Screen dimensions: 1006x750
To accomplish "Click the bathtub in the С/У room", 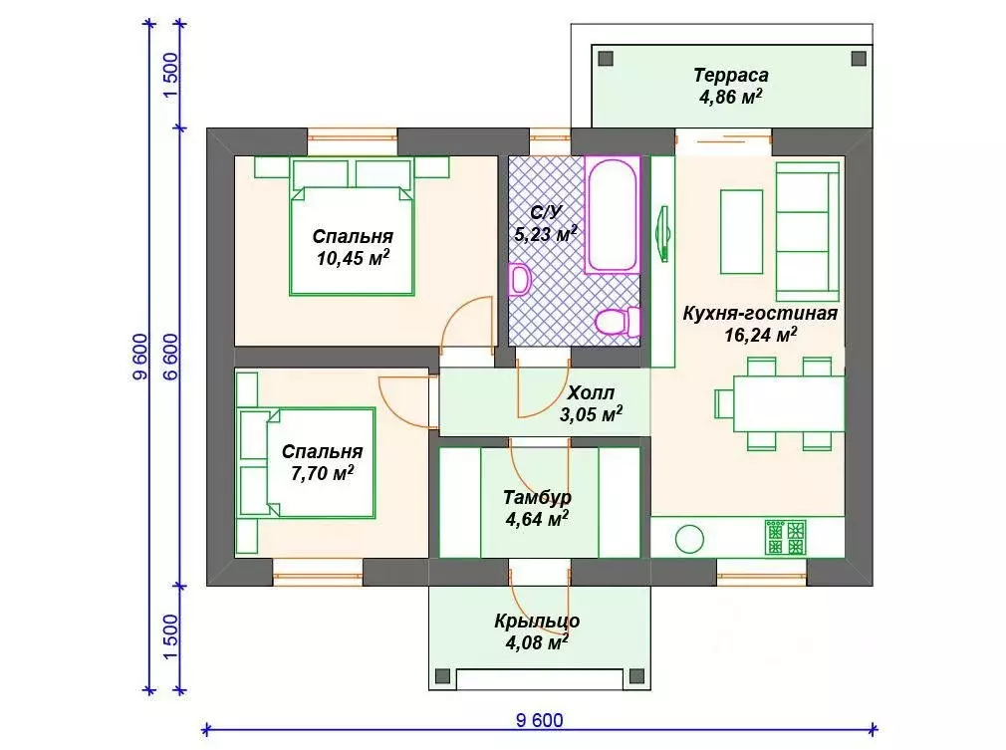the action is [x=613, y=215].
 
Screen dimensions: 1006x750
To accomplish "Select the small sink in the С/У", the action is [x=519, y=279].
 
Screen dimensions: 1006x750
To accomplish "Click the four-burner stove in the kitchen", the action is [x=785, y=537].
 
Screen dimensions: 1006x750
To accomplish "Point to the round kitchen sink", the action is [x=689, y=538].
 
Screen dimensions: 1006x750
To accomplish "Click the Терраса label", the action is [x=731, y=75].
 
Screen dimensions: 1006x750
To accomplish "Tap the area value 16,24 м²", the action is [x=761, y=335].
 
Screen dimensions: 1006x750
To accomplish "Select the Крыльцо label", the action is [x=537, y=622].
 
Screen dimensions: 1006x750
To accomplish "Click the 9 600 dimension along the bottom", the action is [x=540, y=720].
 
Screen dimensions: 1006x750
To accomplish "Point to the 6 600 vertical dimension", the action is [x=171, y=357].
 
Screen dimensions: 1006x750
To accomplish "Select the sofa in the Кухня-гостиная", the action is [x=808, y=232].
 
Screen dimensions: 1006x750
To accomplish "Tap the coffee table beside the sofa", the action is [x=742, y=232].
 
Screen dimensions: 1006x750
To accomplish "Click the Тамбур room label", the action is [x=537, y=497].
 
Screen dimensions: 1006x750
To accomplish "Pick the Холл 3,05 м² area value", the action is [x=591, y=414].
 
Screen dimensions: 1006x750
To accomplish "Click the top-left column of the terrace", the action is [x=606, y=59].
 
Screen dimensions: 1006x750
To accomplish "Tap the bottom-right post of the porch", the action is [x=636, y=676].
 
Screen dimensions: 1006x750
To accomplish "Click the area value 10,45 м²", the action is [x=353, y=258].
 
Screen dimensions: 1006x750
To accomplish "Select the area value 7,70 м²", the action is [x=322, y=473].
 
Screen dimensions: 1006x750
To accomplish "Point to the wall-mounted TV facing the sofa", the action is [x=664, y=233].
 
